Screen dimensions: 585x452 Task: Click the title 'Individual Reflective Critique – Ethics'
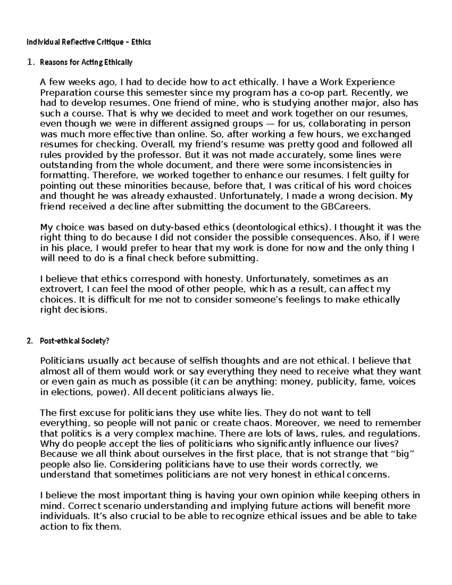tap(89, 42)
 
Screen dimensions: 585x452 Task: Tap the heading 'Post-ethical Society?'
tap(74, 341)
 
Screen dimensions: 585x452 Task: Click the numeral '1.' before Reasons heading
tap(31, 63)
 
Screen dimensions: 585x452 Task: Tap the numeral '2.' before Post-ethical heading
tap(30, 341)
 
